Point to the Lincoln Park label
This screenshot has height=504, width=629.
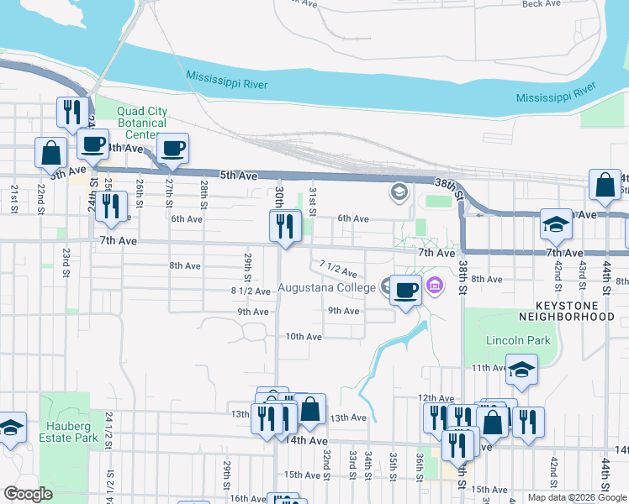(x=517, y=341)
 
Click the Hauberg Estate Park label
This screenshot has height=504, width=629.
(x=64, y=431)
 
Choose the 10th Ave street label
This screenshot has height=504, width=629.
(x=304, y=337)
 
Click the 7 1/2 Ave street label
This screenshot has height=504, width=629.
(x=338, y=269)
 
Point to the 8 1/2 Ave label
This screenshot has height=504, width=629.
(x=250, y=291)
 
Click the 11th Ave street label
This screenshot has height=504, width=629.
(x=489, y=368)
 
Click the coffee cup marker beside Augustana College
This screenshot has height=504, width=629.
(x=405, y=291)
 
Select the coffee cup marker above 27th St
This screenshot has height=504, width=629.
(x=173, y=149)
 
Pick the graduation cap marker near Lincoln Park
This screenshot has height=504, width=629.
(x=521, y=369)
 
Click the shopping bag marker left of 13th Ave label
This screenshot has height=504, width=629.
(x=309, y=410)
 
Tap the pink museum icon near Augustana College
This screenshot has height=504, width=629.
(x=434, y=286)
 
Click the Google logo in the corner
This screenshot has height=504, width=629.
(x=28, y=494)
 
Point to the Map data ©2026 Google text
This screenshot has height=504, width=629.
(x=577, y=497)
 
